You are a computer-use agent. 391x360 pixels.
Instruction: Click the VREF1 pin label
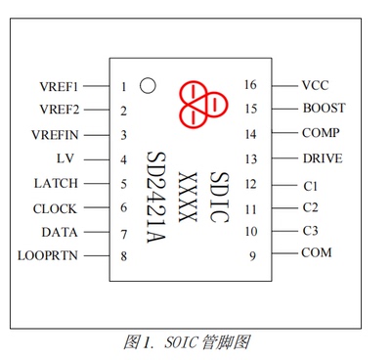pos(59,86)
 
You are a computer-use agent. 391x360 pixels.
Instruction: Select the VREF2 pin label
pos(59,110)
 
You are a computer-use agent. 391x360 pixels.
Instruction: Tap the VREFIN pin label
pos(55,135)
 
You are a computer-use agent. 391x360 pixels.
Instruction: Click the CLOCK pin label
pos(55,208)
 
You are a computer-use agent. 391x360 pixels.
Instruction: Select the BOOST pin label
pos(324,109)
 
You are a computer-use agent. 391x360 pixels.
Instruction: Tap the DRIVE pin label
pos(323,157)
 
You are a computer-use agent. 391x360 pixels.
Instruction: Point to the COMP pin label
pos(321,133)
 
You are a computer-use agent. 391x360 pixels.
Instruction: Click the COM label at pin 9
pos(317,252)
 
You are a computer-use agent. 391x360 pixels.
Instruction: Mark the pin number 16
pos(251,85)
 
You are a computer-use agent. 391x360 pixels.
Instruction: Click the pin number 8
pos(124,256)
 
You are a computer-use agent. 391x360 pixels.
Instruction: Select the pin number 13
pos(251,158)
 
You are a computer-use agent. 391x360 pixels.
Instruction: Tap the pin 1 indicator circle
pos(148,85)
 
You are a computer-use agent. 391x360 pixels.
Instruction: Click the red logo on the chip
pos(201,104)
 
